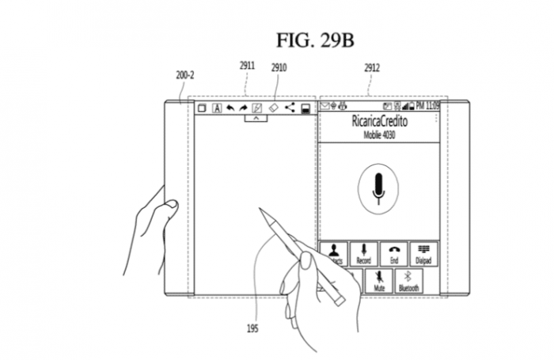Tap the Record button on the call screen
click(363, 254)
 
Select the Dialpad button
click(423, 254)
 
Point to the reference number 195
click(252, 328)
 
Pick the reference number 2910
click(279, 67)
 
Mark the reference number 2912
click(373, 67)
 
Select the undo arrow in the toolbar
click(230, 108)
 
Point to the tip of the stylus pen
click(261, 210)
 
